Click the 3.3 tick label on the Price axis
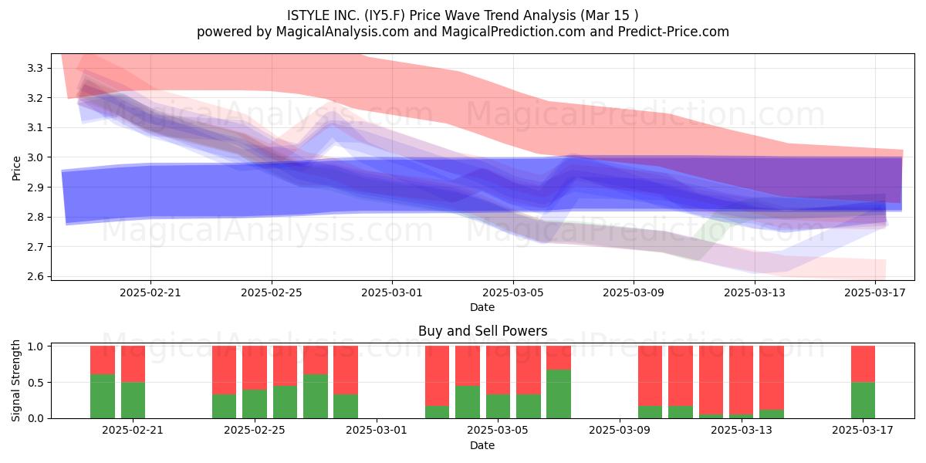(35, 68)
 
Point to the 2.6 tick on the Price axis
(35, 276)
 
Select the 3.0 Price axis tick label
(35, 157)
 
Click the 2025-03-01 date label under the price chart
(392, 292)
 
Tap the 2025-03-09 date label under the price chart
(634, 292)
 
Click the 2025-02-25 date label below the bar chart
(254, 431)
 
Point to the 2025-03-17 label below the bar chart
(863, 431)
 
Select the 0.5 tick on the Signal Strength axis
(35, 383)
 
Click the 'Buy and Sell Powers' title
(482, 331)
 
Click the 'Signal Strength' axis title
(15, 380)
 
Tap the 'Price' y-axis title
(16, 168)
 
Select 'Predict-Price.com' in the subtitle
(674, 32)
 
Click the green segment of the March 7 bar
(559, 394)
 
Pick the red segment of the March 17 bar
(863, 363)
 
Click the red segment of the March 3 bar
(437, 376)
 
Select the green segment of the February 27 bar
(316, 397)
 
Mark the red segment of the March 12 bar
(711, 380)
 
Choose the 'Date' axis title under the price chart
(482, 307)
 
